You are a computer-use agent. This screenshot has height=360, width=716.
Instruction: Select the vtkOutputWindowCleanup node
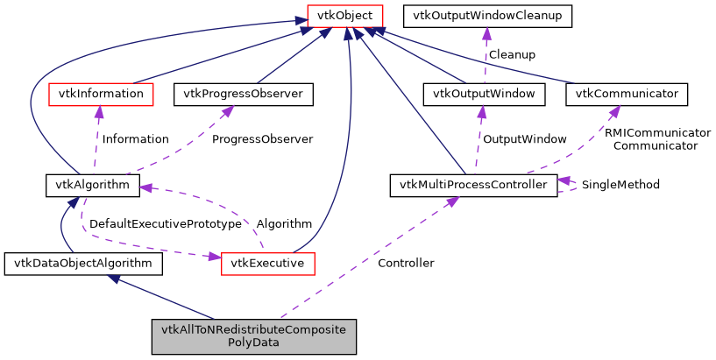pos(486,15)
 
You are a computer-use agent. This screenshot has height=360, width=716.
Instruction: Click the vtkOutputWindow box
pos(484,93)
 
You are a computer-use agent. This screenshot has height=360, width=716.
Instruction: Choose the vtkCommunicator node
pos(627,93)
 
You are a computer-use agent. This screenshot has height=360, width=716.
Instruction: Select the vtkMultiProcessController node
pos(472,185)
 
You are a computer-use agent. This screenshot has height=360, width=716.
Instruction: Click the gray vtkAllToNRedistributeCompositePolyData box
pos(254,336)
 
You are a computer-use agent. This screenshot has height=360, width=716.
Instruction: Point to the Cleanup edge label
pos(512,54)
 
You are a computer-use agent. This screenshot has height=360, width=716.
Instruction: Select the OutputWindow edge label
pos(524,138)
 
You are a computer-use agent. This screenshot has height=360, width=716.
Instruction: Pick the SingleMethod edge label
pos(620,185)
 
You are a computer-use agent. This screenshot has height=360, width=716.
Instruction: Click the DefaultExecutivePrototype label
pos(165,224)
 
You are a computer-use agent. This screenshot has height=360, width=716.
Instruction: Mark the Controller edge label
pos(405,263)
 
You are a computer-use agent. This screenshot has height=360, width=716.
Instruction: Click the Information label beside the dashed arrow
pos(135,138)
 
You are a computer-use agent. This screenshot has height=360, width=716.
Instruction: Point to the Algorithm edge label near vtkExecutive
pos(284,224)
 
